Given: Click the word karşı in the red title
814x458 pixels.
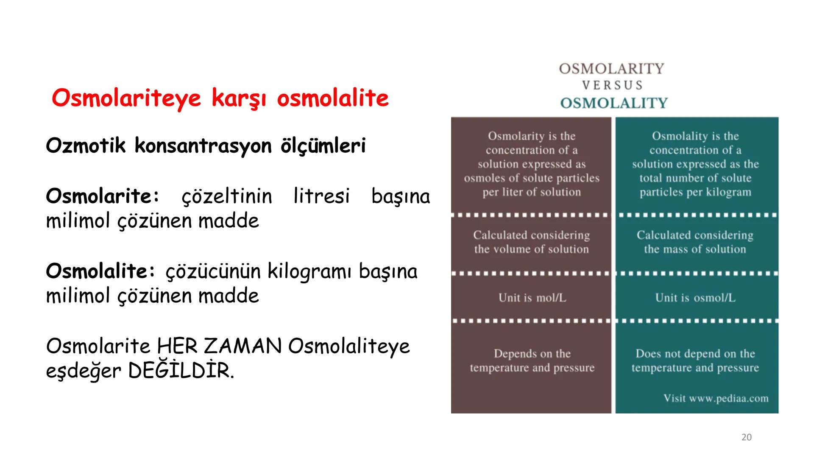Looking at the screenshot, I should pyautogui.click(x=238, y=98).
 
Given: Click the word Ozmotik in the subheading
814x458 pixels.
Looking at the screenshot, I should pyautogui.click(x=86, y=145).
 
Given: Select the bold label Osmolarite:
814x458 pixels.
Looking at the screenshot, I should pyautogui.click(x=103, y=196).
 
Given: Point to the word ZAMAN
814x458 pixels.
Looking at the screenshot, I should pyautogui.click(x=243, y=346).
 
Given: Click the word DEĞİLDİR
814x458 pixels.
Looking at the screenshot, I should pyautogui.click(x=181, y=371).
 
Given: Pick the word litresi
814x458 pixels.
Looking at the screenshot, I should pyautogui.click(x=321, y=196).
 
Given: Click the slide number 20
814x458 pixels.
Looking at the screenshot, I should pyautogui.click(x=746, y=437).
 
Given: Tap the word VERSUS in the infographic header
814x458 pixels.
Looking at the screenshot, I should pyautogui.click(x=612, y=85).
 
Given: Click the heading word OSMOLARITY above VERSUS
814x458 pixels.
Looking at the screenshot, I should pyautogui.click(x=611, y=69).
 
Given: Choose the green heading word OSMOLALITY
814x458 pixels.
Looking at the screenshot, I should pyautogui.click(x=613, y=103).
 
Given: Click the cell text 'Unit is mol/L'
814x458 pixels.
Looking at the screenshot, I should pyautogui.click(x=532, y=298).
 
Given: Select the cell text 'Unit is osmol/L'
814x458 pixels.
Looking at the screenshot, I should pyautogui.click(x=695, y=298).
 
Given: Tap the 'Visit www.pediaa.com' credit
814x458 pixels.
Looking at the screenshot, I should pyautogui.click(x=716, y=398).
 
